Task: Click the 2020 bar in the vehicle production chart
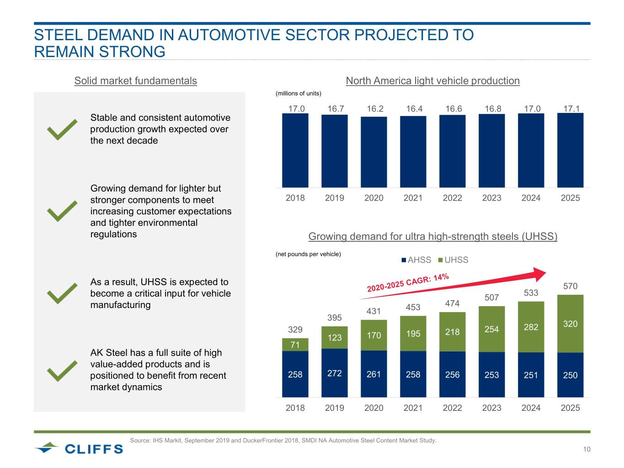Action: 374,152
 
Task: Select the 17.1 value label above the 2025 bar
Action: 571,109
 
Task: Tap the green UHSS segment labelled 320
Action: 570,324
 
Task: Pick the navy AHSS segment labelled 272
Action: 335,373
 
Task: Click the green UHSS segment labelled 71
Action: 295,345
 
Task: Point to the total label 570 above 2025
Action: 570,286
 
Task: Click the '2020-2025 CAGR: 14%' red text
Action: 408,282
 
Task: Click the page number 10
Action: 587,449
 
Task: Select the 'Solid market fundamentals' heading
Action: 135,81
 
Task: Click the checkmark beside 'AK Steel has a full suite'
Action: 62,370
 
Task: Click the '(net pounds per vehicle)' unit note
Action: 308,254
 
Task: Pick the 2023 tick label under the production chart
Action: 491,198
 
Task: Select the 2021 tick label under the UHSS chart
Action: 413,408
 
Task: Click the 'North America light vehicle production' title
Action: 432,81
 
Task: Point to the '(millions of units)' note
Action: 298,94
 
